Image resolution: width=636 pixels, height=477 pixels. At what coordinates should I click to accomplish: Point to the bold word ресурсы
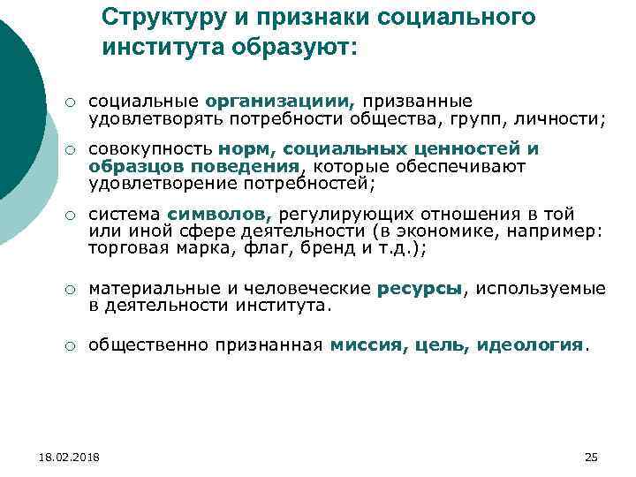click(x=420, y=288)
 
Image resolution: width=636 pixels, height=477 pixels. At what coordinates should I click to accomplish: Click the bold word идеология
click(x=530, y=344)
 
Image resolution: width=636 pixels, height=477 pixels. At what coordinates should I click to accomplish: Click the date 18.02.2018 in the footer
click(x=70, y=457)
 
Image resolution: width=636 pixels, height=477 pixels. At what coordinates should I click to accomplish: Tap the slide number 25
click(x=591, y=457)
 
